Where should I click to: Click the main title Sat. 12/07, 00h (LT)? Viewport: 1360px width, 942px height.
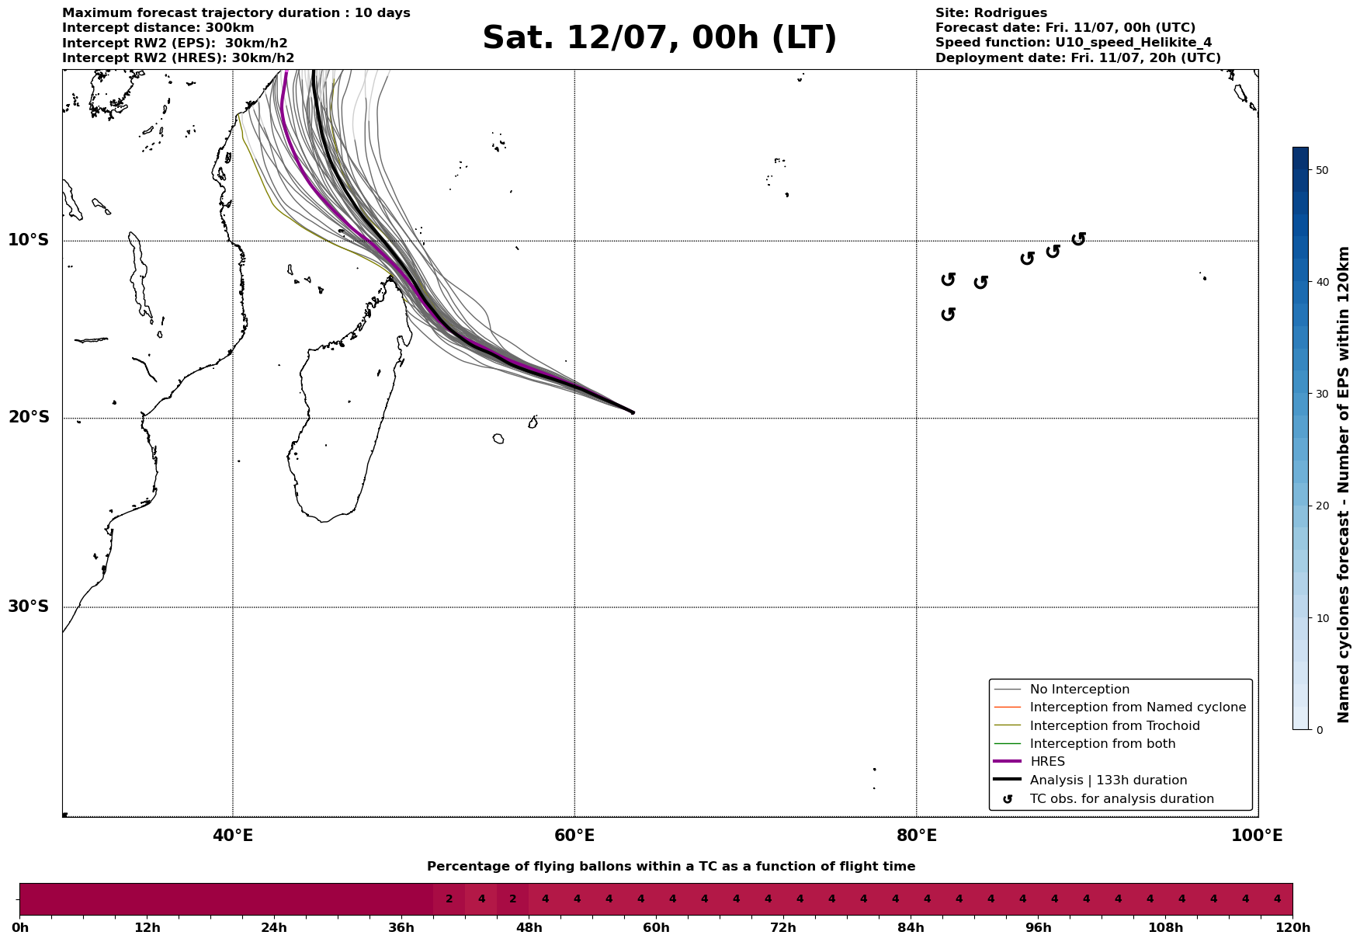pyautogui.click(x=659, y=38)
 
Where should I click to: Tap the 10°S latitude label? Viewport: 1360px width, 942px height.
pyautogui.click(x=29, y=240)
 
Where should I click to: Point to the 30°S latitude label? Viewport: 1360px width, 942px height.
pyautogui.click(x=29, y=607)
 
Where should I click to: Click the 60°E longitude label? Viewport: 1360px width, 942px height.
pyautogui.click(x=574, y=836)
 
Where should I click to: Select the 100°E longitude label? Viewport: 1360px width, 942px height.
pyautogui.click(x=1257, y=836)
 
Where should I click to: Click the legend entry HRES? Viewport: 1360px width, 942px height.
pyautogui.click(x=1047, y=762)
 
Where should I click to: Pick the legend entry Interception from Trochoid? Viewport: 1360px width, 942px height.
pyautogui.click(x=1114, y=726)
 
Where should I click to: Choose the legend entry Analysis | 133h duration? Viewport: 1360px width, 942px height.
pyautogui.click(x=1108, y=780)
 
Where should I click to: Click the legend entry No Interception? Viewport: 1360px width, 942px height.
pyautogui.click(x=1079, y=690)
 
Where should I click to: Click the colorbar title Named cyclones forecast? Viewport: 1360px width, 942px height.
pyautogui.click(x=1344, y=485)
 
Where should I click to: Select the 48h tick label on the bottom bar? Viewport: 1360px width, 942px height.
pyautogui.click(x=529, y=928)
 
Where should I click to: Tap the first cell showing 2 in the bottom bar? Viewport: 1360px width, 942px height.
pyautogui.click(x=449, y=899)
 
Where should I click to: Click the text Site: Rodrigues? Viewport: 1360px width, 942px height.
pyautogui.click(x=991, y=13)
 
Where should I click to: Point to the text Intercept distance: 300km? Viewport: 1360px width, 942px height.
pyautogui.click(x=158, y=28)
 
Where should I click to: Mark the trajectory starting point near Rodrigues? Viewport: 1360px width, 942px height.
pyautogui.click(x=632, y=412)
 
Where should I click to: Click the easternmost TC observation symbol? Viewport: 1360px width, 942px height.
pyautogui.click(x=1078, y=238)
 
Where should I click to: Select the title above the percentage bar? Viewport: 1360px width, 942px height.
pyautogui.click(x=671, y=867)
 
